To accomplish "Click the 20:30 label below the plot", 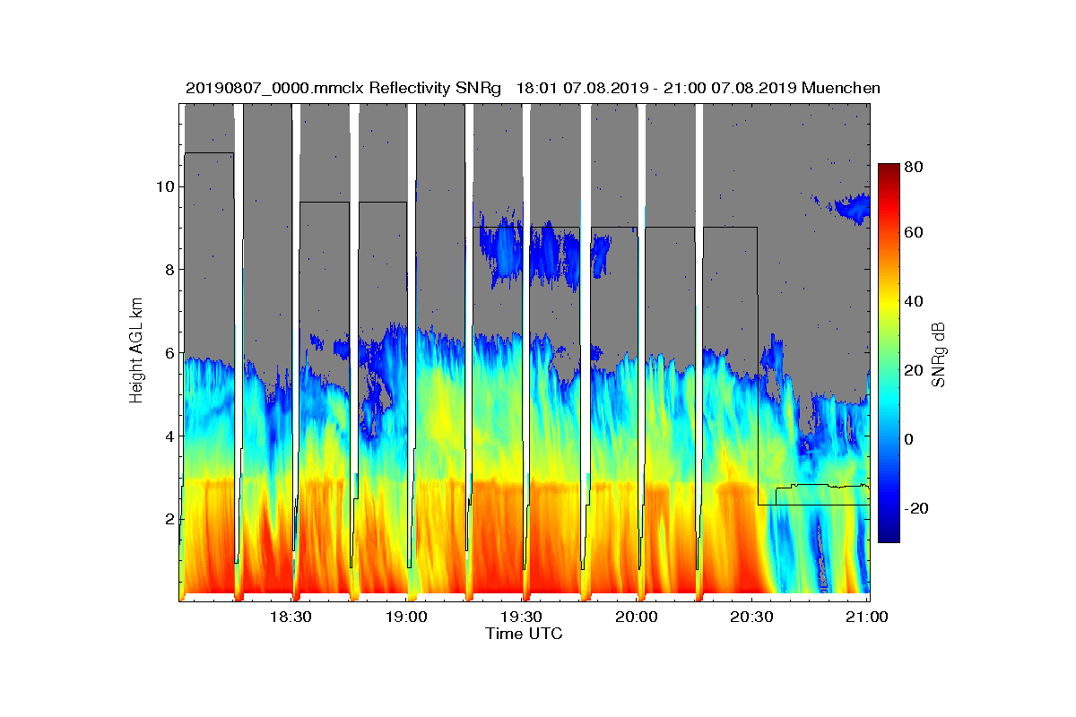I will click(752, 618).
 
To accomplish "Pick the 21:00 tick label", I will click(867, 618).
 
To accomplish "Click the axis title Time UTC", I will click(524, 634).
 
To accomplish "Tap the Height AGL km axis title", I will click(137, 353).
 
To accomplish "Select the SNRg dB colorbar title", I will click(938, 354).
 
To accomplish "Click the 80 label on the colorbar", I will click(915, 167).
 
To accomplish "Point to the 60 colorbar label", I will click(915, 234).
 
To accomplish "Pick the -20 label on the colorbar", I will click(917, 508).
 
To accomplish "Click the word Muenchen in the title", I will click(841, 88).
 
